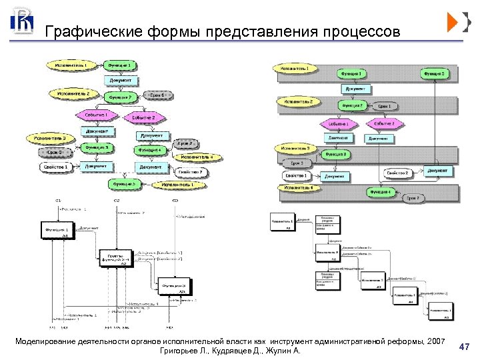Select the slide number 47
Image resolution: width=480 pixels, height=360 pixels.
point(465,347)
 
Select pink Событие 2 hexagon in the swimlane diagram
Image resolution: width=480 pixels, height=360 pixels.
point(384,123)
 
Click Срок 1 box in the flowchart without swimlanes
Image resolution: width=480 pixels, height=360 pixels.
point(157,96)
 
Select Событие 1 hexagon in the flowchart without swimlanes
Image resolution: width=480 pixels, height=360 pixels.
point(96,115)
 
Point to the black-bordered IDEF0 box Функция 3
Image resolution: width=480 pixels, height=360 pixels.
point(175,287)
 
